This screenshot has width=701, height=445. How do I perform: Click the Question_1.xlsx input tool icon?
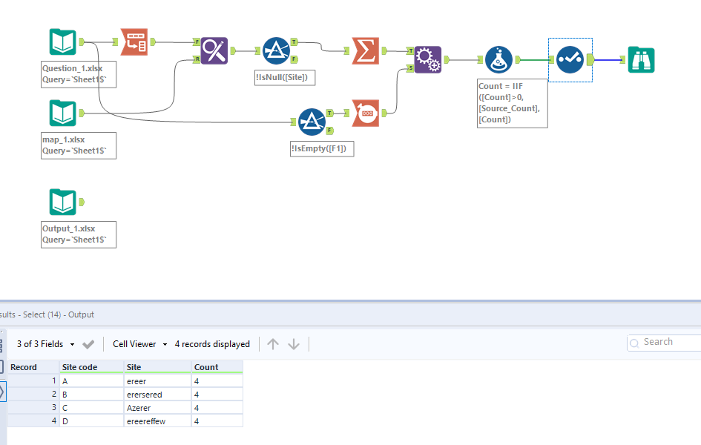pyautogui.click(x=62, y=42)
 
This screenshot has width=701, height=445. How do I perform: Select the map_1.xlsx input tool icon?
pyautogui.click(x=62, y=113)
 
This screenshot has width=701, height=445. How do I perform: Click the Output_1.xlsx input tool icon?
pyautogui.click(x=62, y=202)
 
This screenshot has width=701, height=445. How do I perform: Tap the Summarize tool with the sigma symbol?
pyautogui.click(x=365, y=51)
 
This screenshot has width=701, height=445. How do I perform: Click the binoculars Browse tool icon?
pyautogui.click(x=641, y=59)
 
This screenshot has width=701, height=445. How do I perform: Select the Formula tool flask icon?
pyautogui.click(x=498, y=59)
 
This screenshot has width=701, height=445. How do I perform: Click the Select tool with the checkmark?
pyautogui.click(x=570, y=59)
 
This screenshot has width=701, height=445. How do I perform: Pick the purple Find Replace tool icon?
pyautogui.click(x=214, y=51)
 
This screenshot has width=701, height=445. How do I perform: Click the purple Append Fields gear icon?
pyautogui.click(x=427, y=59)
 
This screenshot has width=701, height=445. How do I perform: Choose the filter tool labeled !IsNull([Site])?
pyautogui.click(x=276, y=50)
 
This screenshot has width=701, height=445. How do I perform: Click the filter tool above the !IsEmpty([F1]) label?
pyautogui.click(x=312, y=122)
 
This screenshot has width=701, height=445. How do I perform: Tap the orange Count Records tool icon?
pyautogui.click(x=365, y=113)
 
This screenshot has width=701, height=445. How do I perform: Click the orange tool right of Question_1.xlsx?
pyautogui.click(x=134, y=42)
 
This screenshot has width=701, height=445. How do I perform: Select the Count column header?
pyautogui.click(x=206, y=367)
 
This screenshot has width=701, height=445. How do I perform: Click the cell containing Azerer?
pyautogui.click(x=139, y=408)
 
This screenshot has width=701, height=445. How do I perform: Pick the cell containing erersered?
pyautogui.click(x=145, y=395)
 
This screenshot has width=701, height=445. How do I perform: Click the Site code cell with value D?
pyautogui.click(x=65, y=421)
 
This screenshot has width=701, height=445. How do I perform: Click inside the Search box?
pyautogui.click(x=668, y=342)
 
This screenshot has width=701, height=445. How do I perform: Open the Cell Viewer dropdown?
pyautogui.click(x=139, y=344)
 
